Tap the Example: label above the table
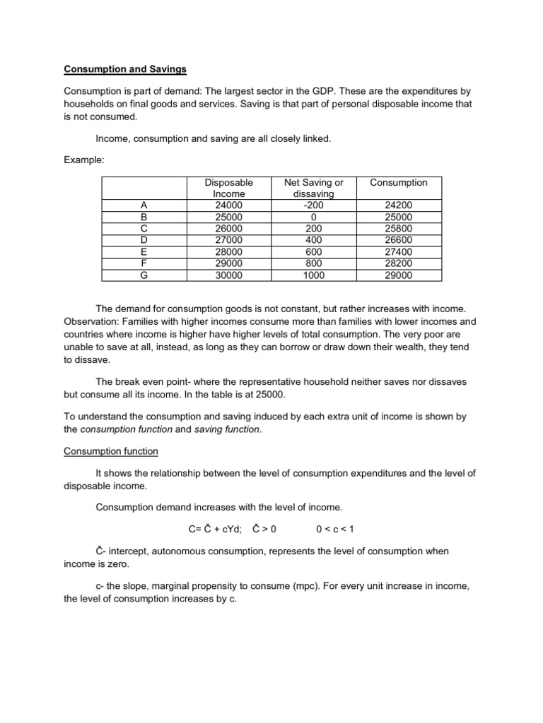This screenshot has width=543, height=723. pos(84,160)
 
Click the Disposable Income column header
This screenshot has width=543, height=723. pos(228,188)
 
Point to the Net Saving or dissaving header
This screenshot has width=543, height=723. pos(313,188)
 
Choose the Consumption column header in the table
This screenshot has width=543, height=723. pos(399,182)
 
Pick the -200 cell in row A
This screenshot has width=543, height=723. pos(313,205)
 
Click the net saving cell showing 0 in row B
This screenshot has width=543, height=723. pos(313,217)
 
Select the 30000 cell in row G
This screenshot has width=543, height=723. pos(228,275)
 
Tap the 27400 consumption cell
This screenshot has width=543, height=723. pos(399,252)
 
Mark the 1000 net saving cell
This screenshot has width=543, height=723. pos(313,275)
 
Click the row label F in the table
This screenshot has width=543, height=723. pos(144,264)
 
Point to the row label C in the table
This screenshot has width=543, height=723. pos(144,229)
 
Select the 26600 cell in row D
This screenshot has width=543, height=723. pos(399,241)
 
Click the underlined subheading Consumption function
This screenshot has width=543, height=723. pos(111,450)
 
